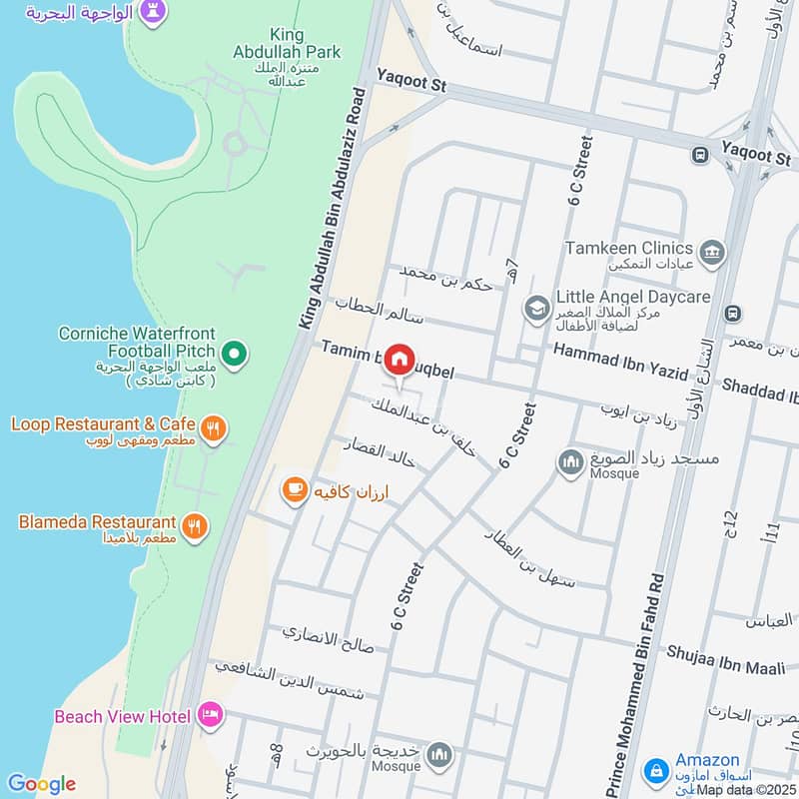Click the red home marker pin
pos(399,359)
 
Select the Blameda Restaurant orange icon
pos(196,523)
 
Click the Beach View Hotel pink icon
pos(211,714)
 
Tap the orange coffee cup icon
pos(294,488)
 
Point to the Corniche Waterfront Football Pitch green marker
pos(234,353)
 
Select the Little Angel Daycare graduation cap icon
pos(536,306)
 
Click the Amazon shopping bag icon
pos(656,770)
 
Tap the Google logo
pos(41,784)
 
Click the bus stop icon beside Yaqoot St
pos(701,155)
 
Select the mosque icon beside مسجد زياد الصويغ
pos(570,462)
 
